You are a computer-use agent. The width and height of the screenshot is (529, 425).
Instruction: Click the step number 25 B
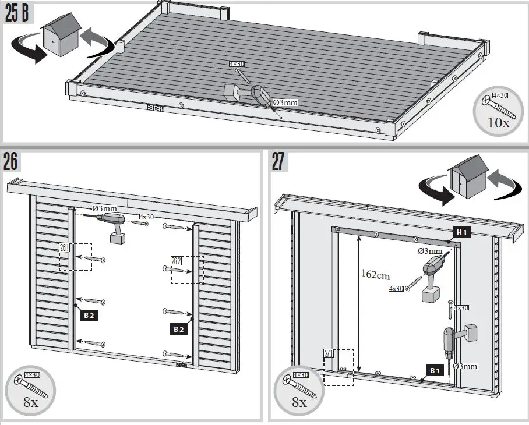pyautogui.click(x=17, y=14)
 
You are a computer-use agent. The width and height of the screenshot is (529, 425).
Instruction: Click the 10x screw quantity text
pyautogui.click(x=499, y=123)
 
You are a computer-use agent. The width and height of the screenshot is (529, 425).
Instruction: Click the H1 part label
pyautogui.click(x=462, y=232)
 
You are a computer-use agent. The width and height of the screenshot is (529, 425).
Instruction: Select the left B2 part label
pyautogui.click(x=89, y=316)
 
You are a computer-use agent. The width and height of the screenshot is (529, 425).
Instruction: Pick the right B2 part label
pyautogui.click(x=179, y=329)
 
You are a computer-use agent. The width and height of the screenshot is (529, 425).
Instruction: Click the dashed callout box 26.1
pyautogui.click(x=75, y=257)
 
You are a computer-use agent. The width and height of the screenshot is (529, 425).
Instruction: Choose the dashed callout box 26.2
pyautogui.click(x=186, y=270)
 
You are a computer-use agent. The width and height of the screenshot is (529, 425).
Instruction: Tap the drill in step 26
pyautogui.click(x=112, y=225)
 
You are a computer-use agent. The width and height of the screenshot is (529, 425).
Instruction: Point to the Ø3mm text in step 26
pyautogui.click(x=104, y=208)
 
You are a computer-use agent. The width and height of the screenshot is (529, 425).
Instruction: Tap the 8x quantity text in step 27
pyautogui.click(x=298, y=402)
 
